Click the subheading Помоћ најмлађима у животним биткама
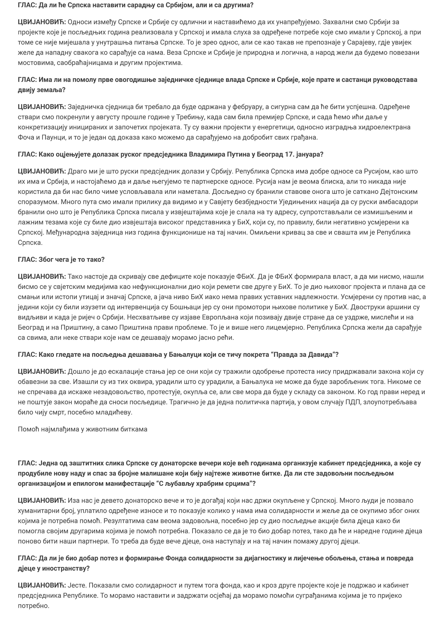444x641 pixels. point(82,429)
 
